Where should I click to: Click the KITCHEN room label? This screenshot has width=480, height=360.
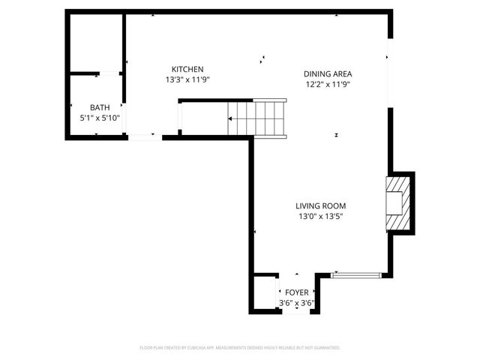pos(187,69)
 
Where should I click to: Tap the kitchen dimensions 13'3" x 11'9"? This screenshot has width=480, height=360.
pos(187,79)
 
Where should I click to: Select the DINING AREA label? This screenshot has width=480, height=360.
pos(327,73)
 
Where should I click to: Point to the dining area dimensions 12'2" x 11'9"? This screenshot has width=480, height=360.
pos(327,84)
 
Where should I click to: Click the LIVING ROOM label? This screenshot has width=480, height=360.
pos(320,205)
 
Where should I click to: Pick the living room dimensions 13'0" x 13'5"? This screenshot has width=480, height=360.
pos(320,216)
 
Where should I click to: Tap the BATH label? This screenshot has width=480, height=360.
pos(100,107)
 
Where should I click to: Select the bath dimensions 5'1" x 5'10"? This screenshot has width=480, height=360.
pos(100,118)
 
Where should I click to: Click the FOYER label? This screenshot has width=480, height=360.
pos(296,292)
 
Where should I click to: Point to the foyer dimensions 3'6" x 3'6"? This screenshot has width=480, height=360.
pos(296,303)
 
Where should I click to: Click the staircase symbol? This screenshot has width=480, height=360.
pos(257,118)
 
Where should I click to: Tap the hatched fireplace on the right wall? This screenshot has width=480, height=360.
pos(398,202)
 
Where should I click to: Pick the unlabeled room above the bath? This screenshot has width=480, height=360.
pos(96,43)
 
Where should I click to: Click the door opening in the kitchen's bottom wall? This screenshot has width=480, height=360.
pos(144,136)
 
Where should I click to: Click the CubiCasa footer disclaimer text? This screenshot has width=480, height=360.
pos(240,348)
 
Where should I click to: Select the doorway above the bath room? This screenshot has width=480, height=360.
pos(110,73)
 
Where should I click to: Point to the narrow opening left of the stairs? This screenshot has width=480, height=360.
pos(178,118)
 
